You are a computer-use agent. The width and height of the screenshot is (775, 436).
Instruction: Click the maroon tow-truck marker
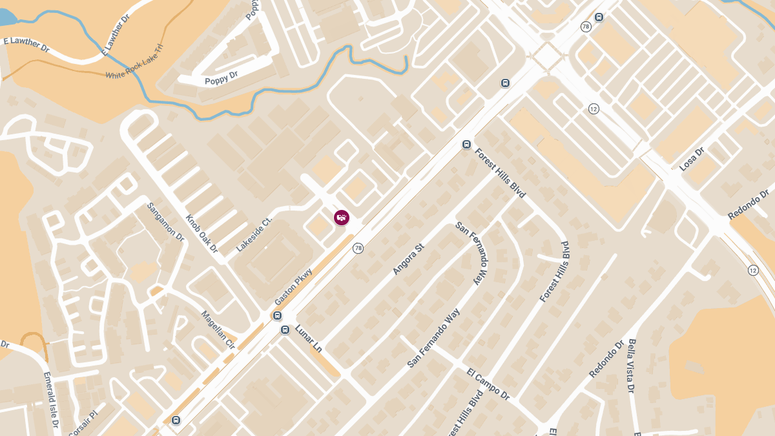(342, 218)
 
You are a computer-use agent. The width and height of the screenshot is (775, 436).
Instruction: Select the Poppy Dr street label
(221, 78)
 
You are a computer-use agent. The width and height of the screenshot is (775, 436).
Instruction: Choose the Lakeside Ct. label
(254, 234)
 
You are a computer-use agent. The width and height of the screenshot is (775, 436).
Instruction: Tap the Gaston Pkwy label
(293, 287)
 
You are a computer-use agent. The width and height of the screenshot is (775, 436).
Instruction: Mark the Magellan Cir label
(218, 330)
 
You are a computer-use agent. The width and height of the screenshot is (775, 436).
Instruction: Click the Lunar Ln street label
(309, 338)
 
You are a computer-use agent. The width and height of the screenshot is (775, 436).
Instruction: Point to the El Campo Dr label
(488, 385)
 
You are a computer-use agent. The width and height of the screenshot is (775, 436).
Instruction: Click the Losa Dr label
(691, 159)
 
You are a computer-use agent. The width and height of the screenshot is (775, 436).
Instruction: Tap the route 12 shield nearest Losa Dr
(594, 109)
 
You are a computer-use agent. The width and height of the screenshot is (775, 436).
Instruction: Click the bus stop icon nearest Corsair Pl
(176, 420)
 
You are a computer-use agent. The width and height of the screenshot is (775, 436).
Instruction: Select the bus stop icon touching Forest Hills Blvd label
(466, 145)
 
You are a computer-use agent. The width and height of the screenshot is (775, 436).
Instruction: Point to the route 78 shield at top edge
(586, 26)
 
